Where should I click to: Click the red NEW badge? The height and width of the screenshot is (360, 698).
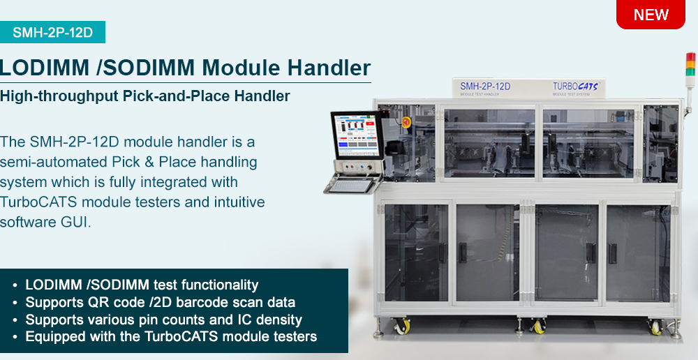pyautogui.click(x=651, y=14)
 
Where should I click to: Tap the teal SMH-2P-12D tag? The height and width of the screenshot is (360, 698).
pyautogui.click(x=52, y=32)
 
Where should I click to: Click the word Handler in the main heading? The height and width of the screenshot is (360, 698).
pyautogui.click(x=329, y=68)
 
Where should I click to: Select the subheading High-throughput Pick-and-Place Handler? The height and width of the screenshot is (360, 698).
pyautogui.click(x=145, y=96)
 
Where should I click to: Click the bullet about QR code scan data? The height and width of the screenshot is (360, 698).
pyautogui.click(x=161, y=303)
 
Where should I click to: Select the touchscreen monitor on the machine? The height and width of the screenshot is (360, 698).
pyautogui.click(x=357, y=135)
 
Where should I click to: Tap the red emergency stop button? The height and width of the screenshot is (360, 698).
pyautogui.click(x=406, y=122)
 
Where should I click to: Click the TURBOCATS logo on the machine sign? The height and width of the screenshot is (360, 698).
pyautogui.click(x=575, y=87)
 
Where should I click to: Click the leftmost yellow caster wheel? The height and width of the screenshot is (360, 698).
pyautogui.click(x=402, y=327)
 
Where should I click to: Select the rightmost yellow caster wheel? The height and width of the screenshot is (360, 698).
pyautogui.click(x=655, y=327)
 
